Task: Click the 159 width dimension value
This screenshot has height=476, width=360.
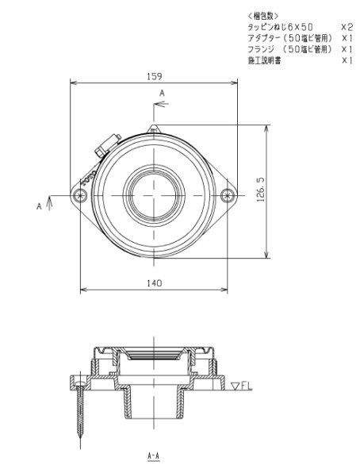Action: tap(154, 76)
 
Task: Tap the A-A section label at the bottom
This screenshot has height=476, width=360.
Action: tap(155, 457)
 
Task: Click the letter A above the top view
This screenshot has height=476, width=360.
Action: tap(163, 94)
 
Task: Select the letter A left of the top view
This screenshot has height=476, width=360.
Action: tap(38, 205)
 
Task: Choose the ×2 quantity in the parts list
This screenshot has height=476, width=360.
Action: tap(346, 27)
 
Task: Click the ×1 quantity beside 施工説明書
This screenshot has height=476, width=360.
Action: tap(346, 60)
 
